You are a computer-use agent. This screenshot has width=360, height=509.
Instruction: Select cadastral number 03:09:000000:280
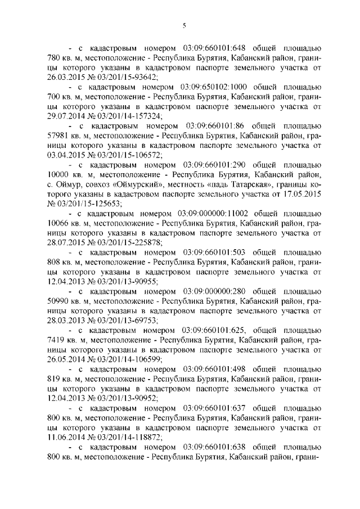tap(217, 292)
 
